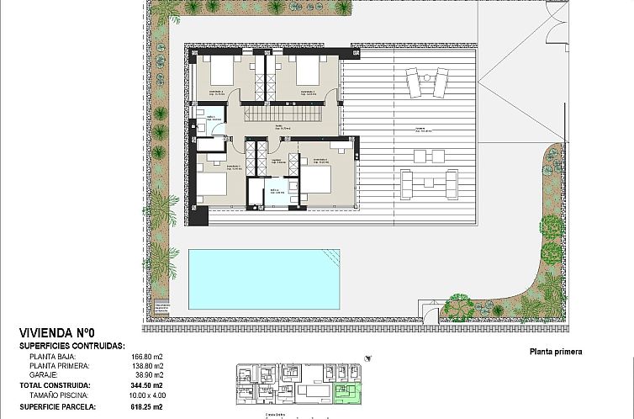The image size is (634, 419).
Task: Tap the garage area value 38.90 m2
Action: (x=148, y=376)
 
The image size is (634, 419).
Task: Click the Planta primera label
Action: (x=556, y=353)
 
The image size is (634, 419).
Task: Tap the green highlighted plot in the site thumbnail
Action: (x=346, y=392)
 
